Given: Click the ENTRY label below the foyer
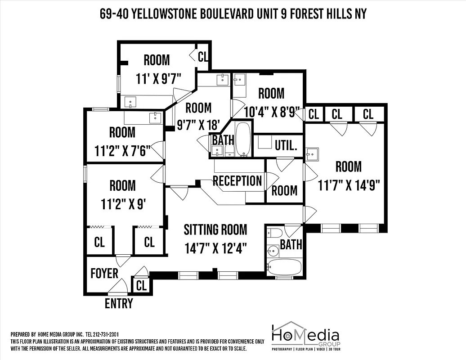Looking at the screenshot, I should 119,304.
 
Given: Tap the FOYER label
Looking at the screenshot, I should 104,273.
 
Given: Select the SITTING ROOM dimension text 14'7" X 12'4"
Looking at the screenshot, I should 215,248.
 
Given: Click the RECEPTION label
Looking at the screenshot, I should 237,181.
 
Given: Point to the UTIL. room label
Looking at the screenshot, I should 286,145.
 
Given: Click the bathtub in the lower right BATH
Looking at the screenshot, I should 284,267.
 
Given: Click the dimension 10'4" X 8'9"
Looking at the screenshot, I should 271,112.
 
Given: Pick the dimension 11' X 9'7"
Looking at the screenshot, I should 158,78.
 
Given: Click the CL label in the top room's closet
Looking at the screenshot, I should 203,57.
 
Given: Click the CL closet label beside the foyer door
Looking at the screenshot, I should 141,285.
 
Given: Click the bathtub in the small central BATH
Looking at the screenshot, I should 243,139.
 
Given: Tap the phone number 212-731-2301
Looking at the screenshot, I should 105,334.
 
